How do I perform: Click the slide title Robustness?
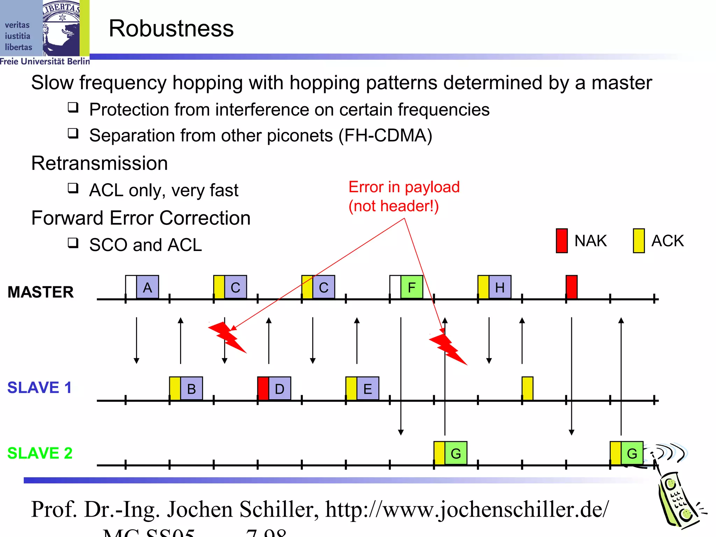[x=171, y=28]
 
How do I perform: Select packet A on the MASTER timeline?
[x=148, y=287]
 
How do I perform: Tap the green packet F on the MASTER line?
[x=412, y=287]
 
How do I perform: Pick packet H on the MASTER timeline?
[x=500, y=287]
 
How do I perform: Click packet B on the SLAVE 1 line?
[x=192, y=388]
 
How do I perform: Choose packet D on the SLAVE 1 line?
[x=280, y=388]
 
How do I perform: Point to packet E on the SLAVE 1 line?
[x=368, y=388]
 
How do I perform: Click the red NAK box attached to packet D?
[x=263, y=388]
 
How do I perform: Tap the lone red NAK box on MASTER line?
[x=572, y=287]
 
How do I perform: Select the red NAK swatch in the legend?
[x=562, y=241]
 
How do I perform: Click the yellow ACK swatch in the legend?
[x=639, y=241]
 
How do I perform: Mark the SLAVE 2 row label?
[x=40, y=453]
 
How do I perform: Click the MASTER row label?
[x=41, y=292]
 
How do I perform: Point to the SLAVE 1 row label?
[x=40, y=387]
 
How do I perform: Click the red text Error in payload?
[x=404, y=187]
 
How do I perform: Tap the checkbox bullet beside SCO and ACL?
[x=73, y=242]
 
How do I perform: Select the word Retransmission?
[x=100, y=163]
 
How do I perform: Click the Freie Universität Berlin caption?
[x=45, y=62]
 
